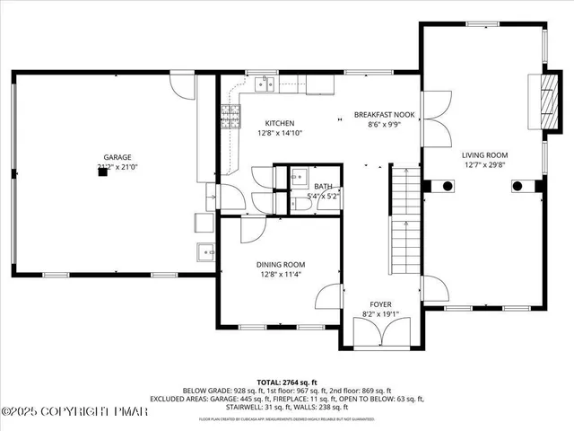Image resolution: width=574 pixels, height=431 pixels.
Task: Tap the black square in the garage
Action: [x=103, y=174]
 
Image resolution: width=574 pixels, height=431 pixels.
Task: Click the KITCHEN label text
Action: [x=279, y=123]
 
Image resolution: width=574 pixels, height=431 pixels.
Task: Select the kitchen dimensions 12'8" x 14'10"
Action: [x=279, y=133]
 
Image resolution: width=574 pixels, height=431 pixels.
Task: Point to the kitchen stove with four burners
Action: [x=231, y=114]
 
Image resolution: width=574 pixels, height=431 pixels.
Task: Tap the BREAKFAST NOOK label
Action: [x=383, y=115]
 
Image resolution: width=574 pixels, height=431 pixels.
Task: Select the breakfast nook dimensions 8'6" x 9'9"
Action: [x=383, y=125]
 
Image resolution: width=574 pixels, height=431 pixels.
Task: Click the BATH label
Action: [x=322, y=186]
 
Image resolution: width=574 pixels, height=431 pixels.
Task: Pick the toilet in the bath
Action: [x=302, y=205]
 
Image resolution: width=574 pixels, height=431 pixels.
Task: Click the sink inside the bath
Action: [x=300, y=177]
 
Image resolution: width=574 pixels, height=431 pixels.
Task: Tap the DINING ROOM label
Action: [x=281, y=265]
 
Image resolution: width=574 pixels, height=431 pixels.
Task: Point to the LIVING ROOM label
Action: [x=485, y=154]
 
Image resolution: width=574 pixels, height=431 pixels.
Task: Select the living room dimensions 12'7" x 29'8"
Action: [x=485, y=164]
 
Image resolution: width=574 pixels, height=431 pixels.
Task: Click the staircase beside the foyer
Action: [x=406, y=215]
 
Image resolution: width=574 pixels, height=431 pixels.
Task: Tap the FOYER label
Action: [x=381, y=304]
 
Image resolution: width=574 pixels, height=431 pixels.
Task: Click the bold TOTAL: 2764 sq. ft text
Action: [x=286, y=382]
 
